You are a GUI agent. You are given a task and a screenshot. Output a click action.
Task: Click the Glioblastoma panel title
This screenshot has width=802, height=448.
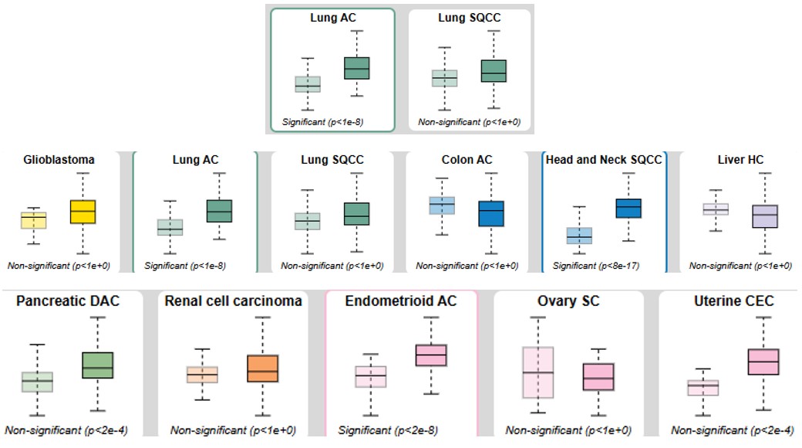[59, 159]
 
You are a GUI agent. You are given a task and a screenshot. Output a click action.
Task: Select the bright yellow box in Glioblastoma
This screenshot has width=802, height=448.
[83, 212]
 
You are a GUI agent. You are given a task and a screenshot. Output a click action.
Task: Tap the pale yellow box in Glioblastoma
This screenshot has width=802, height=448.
[34, 220]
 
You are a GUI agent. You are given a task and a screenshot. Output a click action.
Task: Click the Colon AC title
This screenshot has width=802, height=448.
[467, 159]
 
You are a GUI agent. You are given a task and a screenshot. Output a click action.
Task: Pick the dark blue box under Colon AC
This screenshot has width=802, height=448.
[491, 214]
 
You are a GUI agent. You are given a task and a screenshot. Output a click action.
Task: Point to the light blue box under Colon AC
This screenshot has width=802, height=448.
[442, 205]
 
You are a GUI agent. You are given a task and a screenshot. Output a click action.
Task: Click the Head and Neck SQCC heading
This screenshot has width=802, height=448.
[604, 159]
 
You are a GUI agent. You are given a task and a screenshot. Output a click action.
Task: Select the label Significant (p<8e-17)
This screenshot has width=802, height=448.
[596, 266]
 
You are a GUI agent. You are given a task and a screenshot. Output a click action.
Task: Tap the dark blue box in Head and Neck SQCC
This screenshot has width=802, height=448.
[628, 208]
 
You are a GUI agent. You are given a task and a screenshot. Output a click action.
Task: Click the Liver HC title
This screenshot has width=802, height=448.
[740, 159]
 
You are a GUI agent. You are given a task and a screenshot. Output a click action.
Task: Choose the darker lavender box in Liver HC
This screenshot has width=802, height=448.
[765, 216]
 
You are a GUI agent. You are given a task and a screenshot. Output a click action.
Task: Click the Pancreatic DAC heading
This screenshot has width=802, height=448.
[68, 301]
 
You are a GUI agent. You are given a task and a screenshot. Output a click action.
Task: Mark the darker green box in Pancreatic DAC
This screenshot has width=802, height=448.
[98, 365]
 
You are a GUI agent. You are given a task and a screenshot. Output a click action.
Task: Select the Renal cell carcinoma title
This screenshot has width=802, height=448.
[233, 301]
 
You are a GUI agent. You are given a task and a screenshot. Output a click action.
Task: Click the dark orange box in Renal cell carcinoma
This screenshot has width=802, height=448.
[263, 368]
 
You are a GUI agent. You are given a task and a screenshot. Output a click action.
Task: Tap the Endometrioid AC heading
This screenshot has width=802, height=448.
[401, 301]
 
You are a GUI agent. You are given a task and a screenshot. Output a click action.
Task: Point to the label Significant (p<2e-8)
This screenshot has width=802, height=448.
[388, 430]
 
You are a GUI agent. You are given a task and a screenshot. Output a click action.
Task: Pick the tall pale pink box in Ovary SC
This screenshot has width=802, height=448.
[538, 372]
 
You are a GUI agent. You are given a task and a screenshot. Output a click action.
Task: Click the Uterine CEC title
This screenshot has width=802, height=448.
[733, 301]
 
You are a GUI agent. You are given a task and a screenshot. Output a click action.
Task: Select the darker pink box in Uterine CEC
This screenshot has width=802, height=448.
[763, 362]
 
